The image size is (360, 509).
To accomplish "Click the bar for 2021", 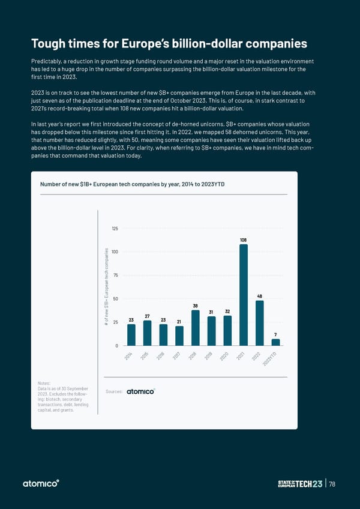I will coord(244,295).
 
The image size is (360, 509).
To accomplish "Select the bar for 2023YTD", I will coord(275,343).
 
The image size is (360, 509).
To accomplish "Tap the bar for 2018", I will coord(196,328).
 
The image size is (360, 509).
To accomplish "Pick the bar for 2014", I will coord(131,335).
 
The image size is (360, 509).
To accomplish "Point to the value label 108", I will coord(244,240).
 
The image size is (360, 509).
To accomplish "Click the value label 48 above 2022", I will coord(260,296).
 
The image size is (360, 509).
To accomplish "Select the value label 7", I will coord(275,334).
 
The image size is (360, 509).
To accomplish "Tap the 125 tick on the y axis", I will coord(115,229).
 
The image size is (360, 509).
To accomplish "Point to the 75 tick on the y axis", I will coord(115,276).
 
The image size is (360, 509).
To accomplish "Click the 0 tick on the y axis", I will coord(116,346).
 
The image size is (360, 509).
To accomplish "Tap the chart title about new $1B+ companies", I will coord(133,184).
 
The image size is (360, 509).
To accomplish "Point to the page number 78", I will coord(341,484).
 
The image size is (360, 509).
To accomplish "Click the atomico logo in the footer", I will coord(41,484).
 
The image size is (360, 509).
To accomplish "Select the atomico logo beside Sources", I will coord(140,391).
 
